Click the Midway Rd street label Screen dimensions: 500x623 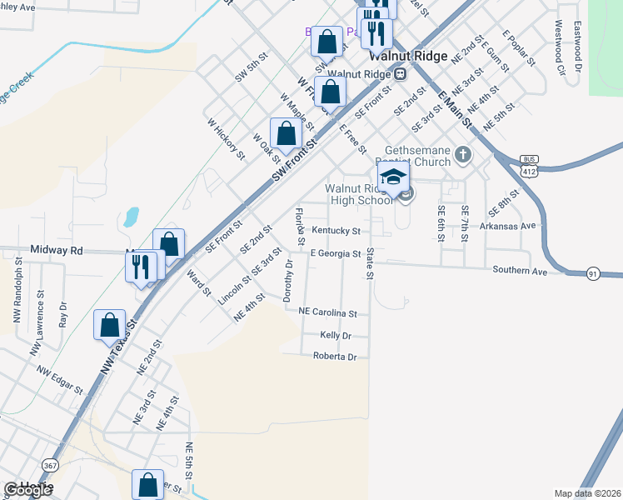coord(57,249)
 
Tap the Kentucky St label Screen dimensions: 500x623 coord(336,230)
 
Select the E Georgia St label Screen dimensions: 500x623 coord(335,253)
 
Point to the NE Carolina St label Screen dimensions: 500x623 coord(328,313)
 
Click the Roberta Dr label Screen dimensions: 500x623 coord(334,357)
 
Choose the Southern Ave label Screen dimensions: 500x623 coord(519,270)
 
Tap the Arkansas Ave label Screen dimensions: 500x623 coord(518,226)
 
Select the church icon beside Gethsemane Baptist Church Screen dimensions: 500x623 coord(464,154)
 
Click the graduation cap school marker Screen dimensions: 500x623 coord(393,177)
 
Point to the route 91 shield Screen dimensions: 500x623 coord(593,273)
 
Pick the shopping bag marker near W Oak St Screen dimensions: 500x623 coord(286,133)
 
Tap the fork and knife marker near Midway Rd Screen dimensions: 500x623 coord(139,267)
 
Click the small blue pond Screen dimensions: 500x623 coord(131,217)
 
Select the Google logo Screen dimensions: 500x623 coord(27,490)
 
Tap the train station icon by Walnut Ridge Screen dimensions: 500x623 coord(401,73)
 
